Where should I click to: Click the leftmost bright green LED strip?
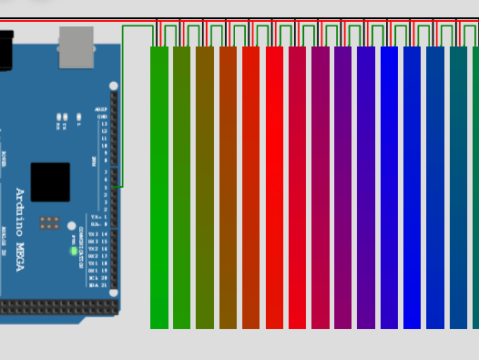(159, 187)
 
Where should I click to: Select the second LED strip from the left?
(182, 187)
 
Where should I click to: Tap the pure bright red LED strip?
(274, 187)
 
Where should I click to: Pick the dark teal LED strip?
(458, 187)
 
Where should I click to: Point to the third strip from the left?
(205, 187)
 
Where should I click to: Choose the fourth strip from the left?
(228, 187)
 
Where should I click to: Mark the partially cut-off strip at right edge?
(475, 187)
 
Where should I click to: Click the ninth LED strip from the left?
(343, 187)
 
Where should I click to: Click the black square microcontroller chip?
(50, 181)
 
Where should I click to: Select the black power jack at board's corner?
(5, 50)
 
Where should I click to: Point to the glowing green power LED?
(74, 251)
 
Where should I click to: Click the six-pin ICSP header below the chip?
(49, 222)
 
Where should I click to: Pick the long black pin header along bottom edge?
(59, 308)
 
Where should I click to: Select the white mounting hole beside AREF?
(114, 87)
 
